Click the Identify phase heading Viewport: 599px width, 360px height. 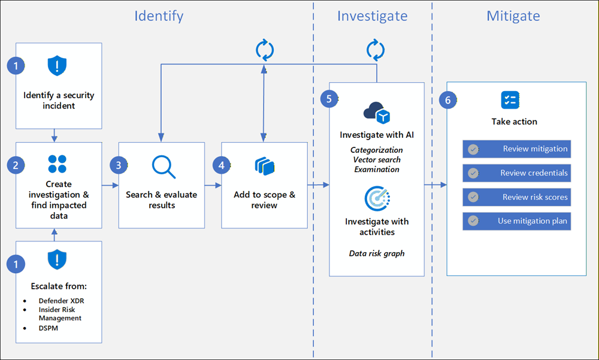pyautogui.click(x=159, y=16)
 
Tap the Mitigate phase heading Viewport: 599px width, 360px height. pyautogui.click(x=513, y=16)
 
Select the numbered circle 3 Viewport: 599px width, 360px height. pyautogui.click(x=119, y=165)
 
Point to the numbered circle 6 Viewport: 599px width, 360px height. pyautogui.click(x=447, y=99)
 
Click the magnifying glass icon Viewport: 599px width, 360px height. pyautogui.click(x=163, y=167)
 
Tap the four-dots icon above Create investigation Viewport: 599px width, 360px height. pyautogui.click(x=58, y=164)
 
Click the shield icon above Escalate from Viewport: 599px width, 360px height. pyautogui.click(x=58, y=260)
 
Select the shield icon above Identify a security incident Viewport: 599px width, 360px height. pyautogui.click(x=58, y=65)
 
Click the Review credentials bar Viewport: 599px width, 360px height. pyautogui.click(x=516, y=173)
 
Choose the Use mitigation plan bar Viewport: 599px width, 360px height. pyautogui.click(x=516, y=221)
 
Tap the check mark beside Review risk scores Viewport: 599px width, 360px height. pyautogui.click(x=473, y=197)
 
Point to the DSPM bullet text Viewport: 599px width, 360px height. pyautogui.click(x=50, y=328)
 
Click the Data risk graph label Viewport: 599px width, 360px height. pyautogui.click(x=377, y=253)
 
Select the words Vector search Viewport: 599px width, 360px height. pyautogui.click(x=377, y=160)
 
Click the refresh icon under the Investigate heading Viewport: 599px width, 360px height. pyautogui.click(x=376, y=50)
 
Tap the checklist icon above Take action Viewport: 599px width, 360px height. pyautogui.click(x=510, y=100)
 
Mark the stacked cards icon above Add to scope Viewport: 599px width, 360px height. pyautogui.click(x=264, y=166)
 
